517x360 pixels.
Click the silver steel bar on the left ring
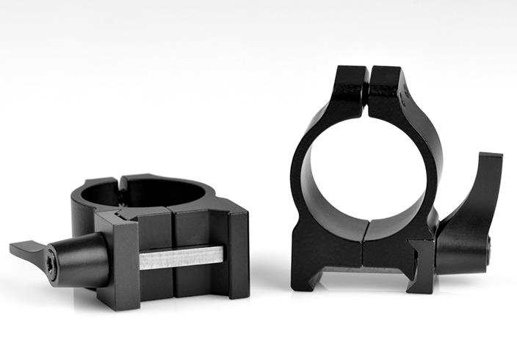click(181, 257)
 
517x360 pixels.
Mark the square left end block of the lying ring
click(117, 261)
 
